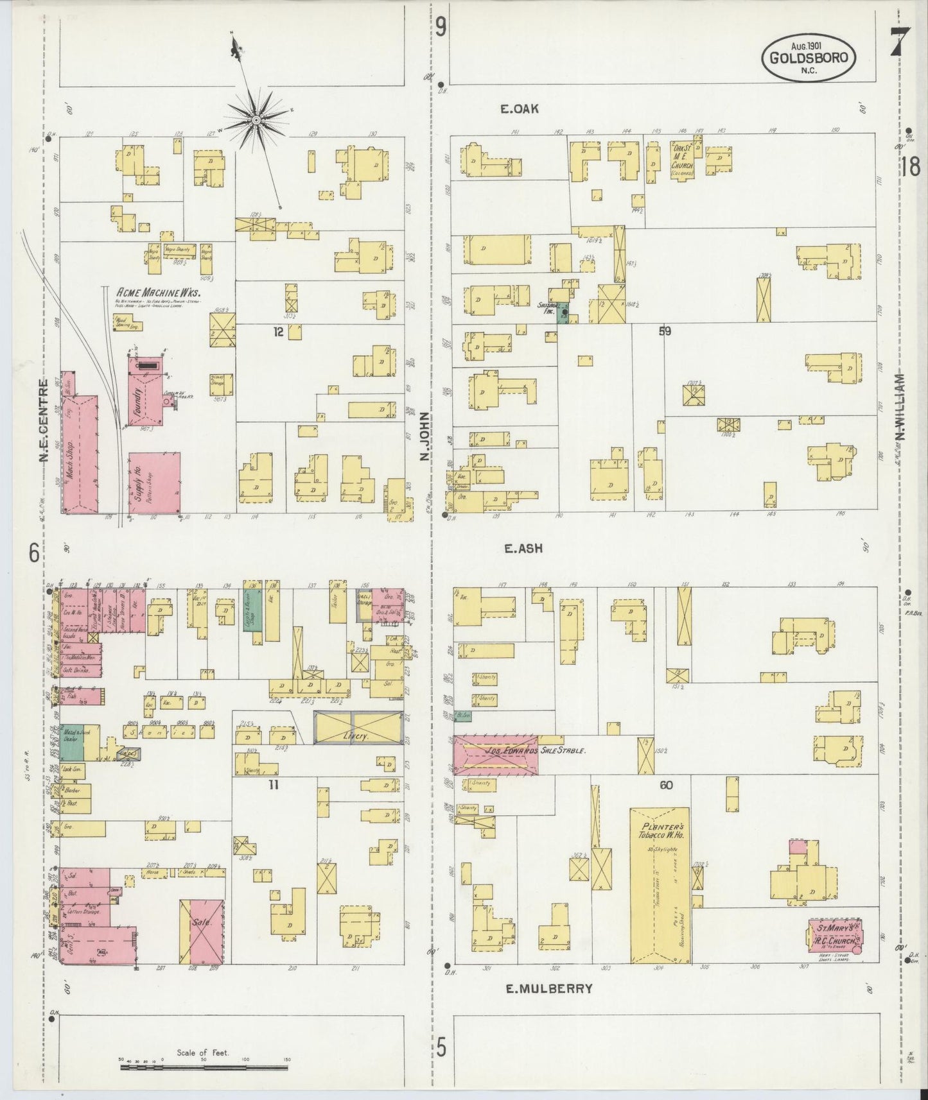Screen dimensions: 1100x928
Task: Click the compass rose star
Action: click(x=256, y=119)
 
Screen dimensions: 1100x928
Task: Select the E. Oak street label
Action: click(x=520, y=109)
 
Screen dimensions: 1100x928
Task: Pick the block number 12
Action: click(x=277, y=332)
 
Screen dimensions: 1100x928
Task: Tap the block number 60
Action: click(x=665, y=784)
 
